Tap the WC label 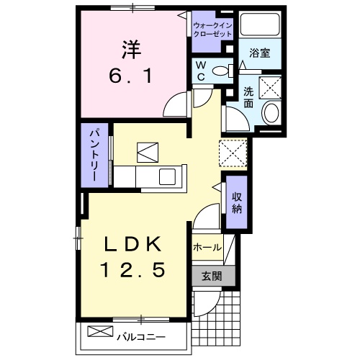pos(201,71)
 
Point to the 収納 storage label pos(237,204)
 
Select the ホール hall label pos(207,246)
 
